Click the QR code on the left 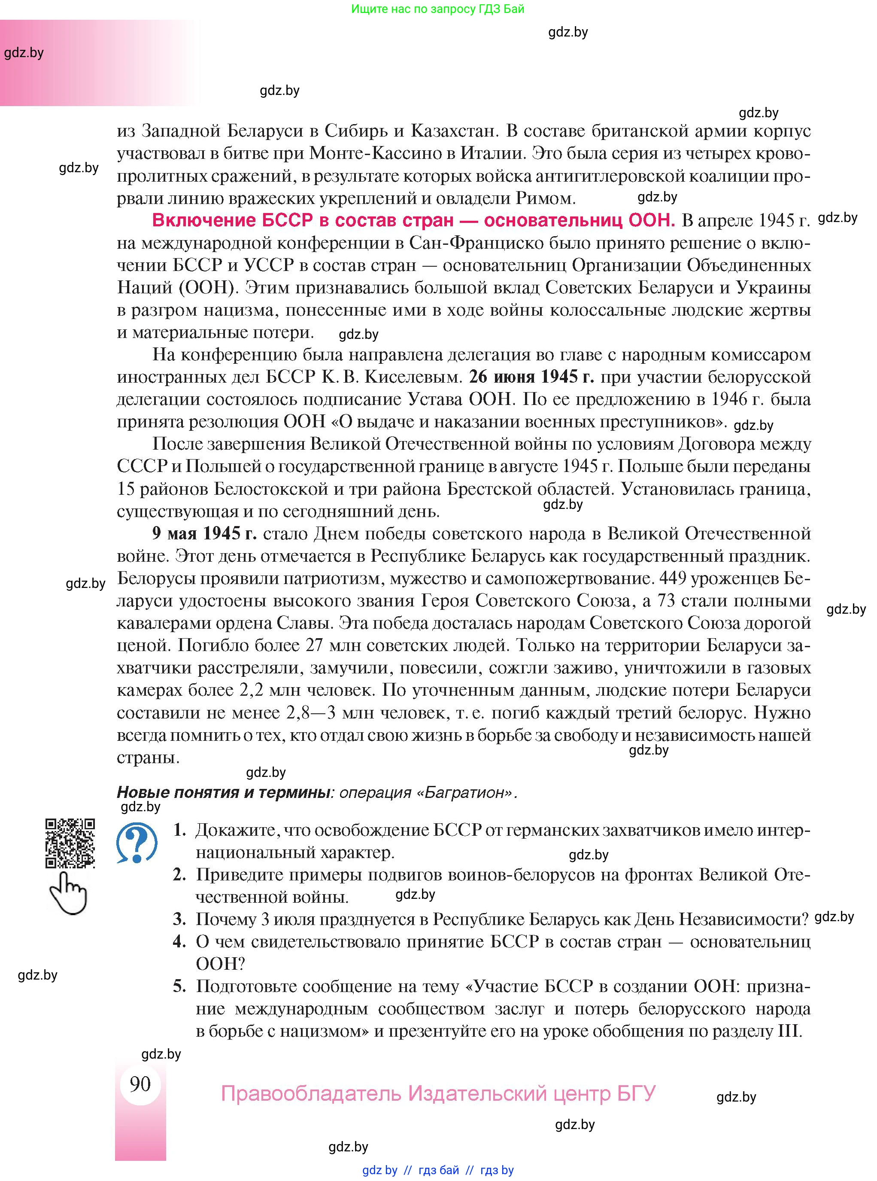[x=70, y=843]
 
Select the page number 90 [x=140, y=1084]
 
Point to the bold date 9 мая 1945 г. [x=204, y=533]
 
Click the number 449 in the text [x=675, y=578]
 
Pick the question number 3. [x=179, y=919]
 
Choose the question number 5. [x=179, y=986]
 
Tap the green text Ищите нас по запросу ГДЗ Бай [x=437, y=9]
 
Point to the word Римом [x=545, y=198]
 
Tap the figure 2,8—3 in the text [x=310, y=712]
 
